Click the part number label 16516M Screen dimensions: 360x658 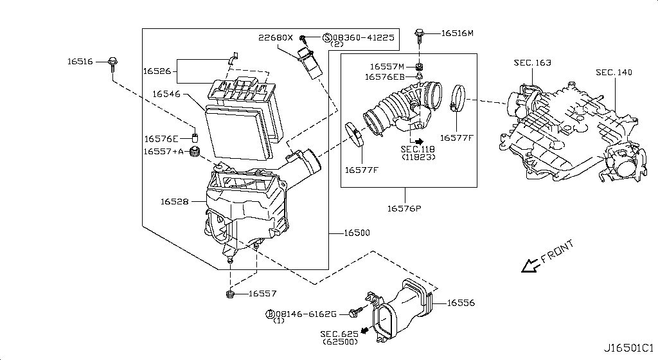coord(457,33)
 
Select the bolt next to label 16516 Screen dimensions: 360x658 coord(113,62)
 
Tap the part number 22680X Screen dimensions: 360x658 coord(276,37)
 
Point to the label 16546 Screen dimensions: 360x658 coord(166,94)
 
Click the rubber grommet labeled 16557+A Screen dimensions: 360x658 coord(197,153)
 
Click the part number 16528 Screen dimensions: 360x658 coord(174,202)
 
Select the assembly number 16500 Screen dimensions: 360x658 coord(356,233)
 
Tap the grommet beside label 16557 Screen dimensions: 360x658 coord(230,294)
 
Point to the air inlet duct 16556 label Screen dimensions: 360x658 coord(460,301)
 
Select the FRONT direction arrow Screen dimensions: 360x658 coord(531,264)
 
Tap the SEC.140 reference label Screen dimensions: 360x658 coord(614,72)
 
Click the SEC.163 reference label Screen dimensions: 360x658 coord(532,63)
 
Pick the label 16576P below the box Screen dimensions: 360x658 coord(404,208)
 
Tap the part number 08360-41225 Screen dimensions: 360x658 coord(362,38)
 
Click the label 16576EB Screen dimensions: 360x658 coord(385,76)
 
